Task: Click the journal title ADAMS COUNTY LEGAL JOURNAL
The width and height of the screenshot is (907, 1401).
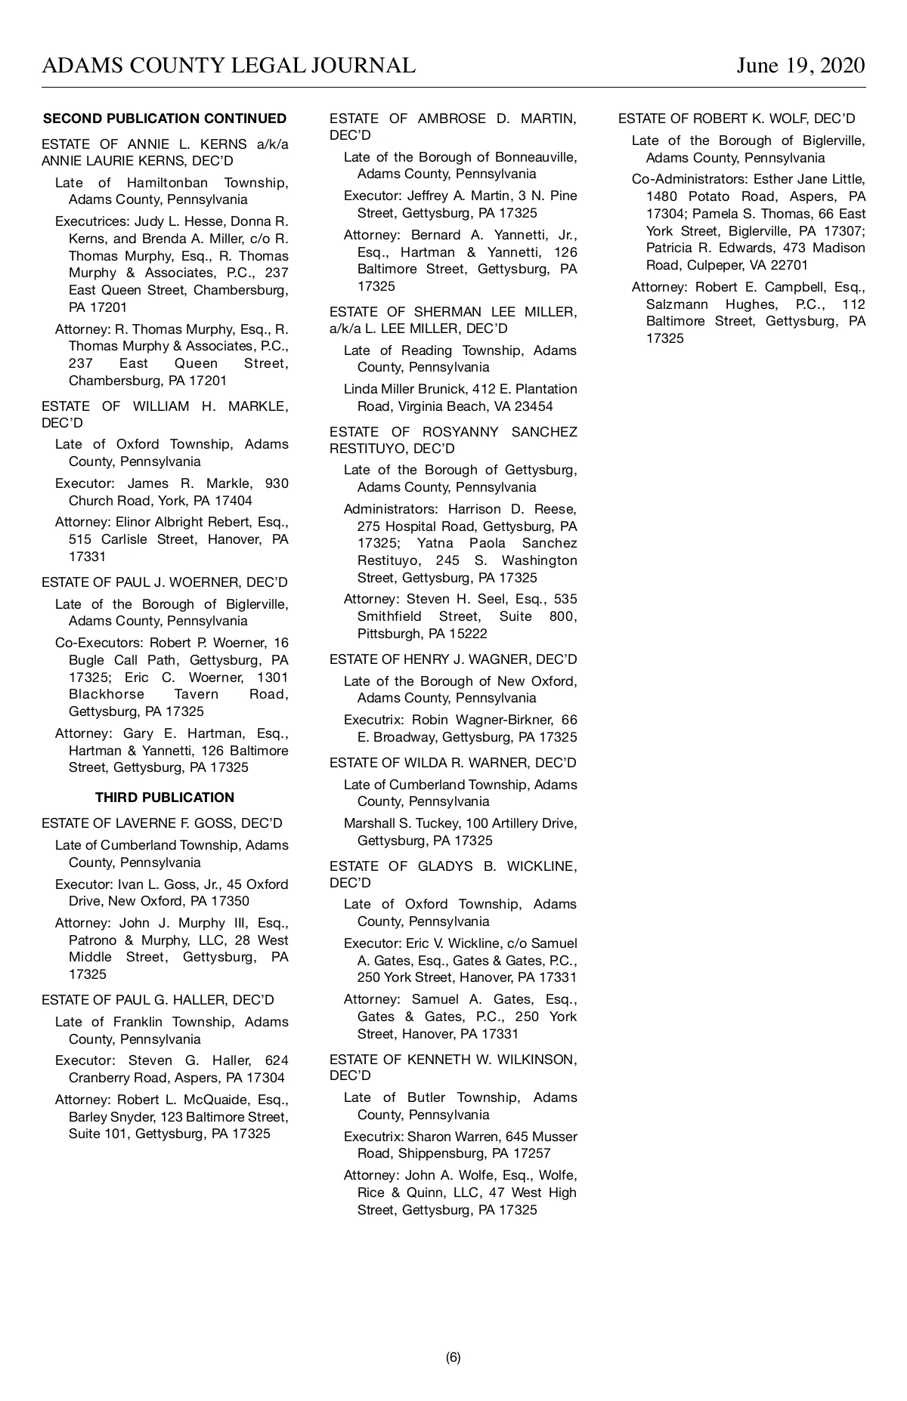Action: click(228, 66)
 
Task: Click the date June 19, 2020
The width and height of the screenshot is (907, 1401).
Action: click(800, 66)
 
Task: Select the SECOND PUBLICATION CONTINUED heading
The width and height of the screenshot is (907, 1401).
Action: click(165, 119)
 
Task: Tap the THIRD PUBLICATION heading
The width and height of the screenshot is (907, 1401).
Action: click(165, 798)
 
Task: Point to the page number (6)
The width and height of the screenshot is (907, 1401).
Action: click(453, 1357)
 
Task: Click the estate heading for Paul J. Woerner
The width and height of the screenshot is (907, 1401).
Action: click(165, 582)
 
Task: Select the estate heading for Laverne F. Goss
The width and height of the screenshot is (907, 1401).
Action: click(162, 823)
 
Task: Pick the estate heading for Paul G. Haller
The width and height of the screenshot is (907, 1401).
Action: click(158, 1000)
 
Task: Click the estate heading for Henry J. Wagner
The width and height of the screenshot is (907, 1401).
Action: click(453, 659)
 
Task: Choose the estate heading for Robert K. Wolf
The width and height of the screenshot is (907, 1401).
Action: click(737, 119)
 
